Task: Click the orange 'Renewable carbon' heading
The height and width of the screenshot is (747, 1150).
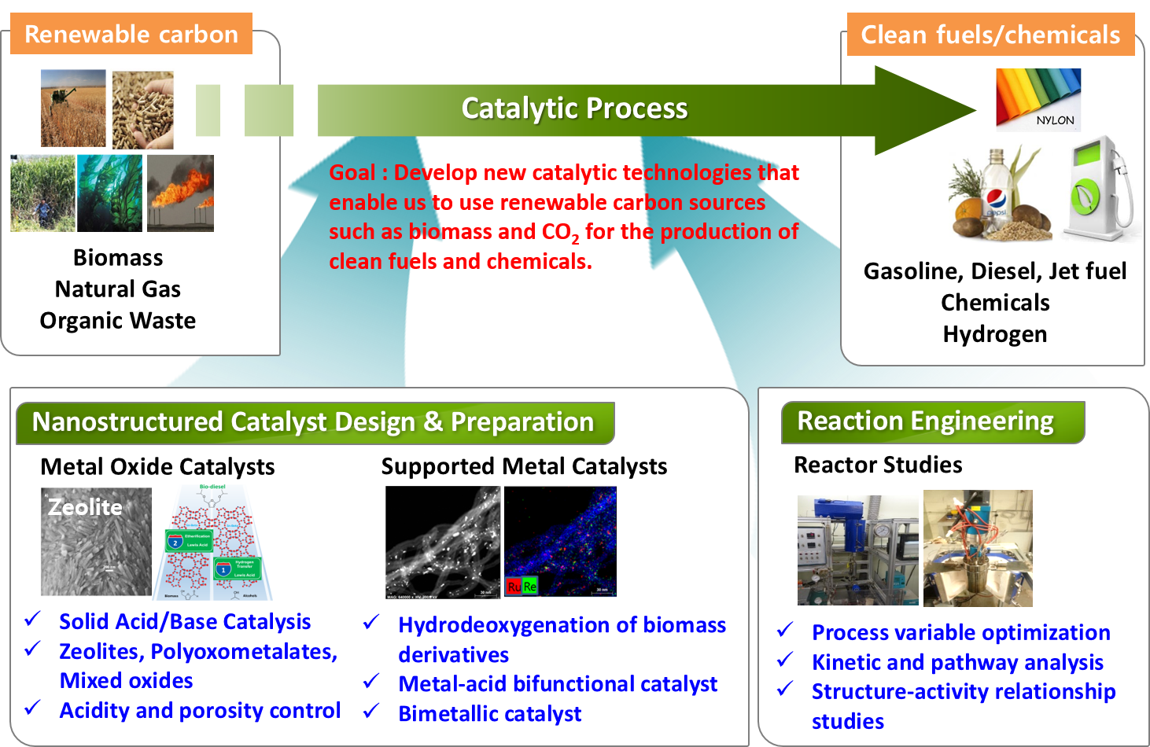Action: [x=131, y=35]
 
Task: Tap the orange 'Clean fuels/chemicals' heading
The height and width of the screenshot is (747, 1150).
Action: [x=990, y=35]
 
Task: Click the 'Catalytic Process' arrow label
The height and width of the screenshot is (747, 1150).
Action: [x=574, y=109]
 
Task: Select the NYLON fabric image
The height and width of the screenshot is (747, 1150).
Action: [x=1038, y=99]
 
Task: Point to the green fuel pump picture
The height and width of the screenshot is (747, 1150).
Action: [x=1099, y=189]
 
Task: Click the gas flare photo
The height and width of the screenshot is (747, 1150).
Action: [x=180, y=193]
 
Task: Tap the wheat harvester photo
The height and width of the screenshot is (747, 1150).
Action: [x=73, y=109]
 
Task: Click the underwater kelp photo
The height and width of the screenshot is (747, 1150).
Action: [x=110, y=193]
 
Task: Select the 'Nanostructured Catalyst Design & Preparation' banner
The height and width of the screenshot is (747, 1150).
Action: [x=313, y=422]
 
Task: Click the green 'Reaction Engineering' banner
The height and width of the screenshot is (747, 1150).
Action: [x=925, y=421]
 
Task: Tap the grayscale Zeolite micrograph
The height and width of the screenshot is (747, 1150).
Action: [x=96, y=542]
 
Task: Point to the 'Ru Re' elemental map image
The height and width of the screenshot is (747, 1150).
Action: [x=560, y=542]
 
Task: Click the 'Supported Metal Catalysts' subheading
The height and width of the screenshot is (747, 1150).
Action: [x=524, y=467]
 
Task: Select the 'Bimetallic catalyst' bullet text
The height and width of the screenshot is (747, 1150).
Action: [x=489, y=714]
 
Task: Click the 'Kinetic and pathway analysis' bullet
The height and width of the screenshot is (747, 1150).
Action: [x=957, y=663]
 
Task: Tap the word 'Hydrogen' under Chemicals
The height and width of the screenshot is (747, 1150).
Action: [x=995, y=334]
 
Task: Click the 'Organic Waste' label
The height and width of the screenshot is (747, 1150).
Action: [x=118, y=321]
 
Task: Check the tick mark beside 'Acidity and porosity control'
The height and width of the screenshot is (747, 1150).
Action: [x=32, y=708]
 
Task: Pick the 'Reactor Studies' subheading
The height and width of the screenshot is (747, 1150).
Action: [x=878, y=465]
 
